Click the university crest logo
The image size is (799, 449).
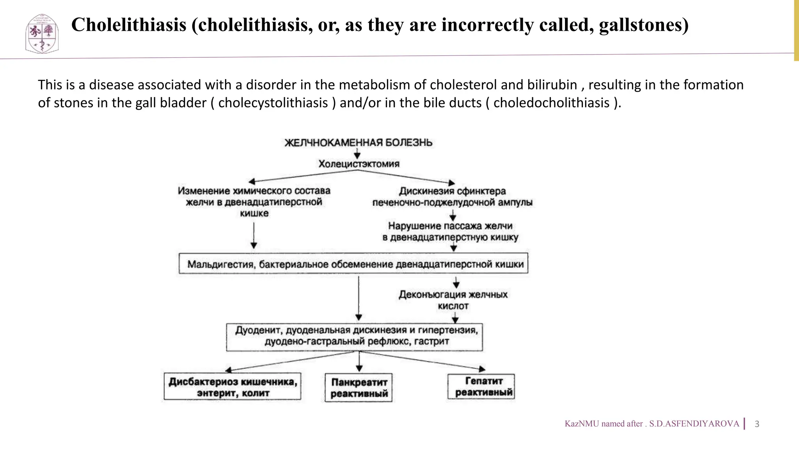pos(42,34)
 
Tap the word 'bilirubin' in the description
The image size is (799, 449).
pos(552,85)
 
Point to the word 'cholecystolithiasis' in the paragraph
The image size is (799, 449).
pos(273,103)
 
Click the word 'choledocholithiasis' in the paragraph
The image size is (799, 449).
pos(551,103)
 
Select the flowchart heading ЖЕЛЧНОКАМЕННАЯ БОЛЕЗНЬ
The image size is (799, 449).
pos(358,143)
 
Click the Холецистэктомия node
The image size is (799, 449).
pos(359,164)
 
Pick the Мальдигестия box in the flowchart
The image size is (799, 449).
pos(353,264)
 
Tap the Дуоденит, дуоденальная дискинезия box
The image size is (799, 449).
pos(354,336)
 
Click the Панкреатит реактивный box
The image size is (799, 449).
pos(359,388)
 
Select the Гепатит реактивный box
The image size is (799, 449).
pos(481,387)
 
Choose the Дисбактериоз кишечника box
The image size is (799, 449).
pos(233,387)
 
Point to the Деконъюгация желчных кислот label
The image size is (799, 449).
pos(453,300)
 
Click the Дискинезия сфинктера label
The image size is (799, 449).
pos(452,196)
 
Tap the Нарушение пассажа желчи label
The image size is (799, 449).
pos(450,232)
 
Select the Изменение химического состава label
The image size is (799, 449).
pos(254,202)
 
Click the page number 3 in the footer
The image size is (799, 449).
pos(757,424)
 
